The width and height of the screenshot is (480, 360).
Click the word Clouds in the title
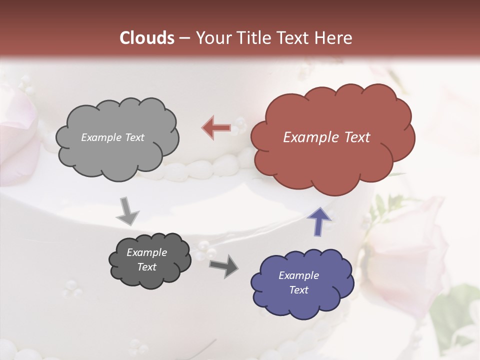147,38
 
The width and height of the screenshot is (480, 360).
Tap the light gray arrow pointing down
127,212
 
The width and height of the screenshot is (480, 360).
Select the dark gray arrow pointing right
223,265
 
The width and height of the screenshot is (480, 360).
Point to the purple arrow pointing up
319,220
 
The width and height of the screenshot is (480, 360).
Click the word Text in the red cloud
357,137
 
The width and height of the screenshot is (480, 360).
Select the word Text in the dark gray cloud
146,267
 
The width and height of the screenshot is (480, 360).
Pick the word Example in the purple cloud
298,275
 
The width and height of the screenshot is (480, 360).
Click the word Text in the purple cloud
298,290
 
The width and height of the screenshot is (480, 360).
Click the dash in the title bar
184,38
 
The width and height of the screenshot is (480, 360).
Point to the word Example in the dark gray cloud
146,252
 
